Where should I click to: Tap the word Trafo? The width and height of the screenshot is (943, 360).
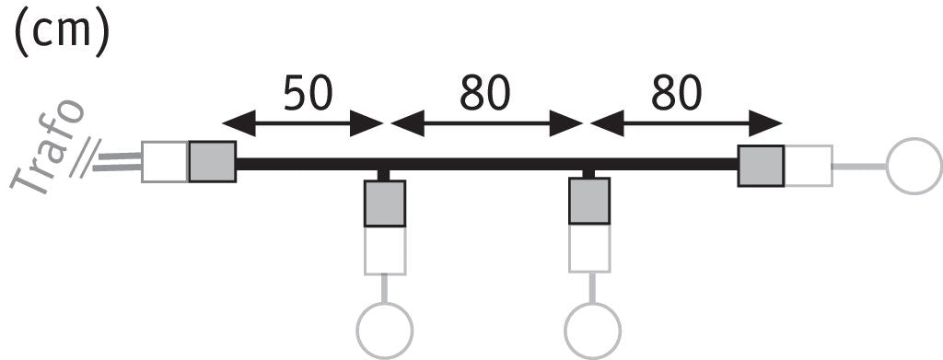[48, 146]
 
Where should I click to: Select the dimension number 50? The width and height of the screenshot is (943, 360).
[308, 94]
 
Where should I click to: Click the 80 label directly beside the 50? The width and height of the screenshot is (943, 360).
[485, 94]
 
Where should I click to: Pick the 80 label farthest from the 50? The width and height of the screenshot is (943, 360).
[677, 94]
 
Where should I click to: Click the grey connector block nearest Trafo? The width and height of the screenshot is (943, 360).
[213, 162]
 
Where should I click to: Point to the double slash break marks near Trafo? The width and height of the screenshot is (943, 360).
[84, 158]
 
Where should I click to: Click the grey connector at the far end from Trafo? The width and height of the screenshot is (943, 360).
[762, 166]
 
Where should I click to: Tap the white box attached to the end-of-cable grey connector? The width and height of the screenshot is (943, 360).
[809, 166]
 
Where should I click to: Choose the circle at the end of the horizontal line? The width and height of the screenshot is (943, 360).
[914, 167]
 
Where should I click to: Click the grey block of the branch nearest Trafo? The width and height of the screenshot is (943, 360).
[385, 203]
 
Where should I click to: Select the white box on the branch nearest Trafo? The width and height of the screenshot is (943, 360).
[385, 250]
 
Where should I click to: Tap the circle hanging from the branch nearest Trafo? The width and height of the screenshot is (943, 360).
[385, 331]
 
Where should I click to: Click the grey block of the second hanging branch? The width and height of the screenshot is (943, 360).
[589, 201]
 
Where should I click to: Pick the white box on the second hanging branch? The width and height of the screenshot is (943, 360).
[589, 249]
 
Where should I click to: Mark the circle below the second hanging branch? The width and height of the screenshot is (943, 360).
[592, 331]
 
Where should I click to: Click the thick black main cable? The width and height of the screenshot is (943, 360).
[487, 164]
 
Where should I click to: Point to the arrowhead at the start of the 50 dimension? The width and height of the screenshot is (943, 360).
[239, 123]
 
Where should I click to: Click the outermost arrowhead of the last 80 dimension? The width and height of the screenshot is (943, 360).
[765, 123]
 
